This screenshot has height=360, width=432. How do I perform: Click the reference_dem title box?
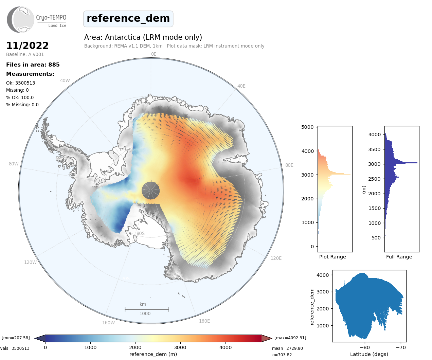click(128, 19)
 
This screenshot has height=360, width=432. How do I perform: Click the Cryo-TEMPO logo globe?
click(21, 20)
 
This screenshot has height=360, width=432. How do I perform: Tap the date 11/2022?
click(28, 46)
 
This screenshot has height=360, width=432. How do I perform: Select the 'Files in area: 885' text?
click(33, 65)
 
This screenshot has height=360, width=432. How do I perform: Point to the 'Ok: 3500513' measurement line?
click(20, 83)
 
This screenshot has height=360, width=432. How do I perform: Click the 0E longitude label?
click(154, 54)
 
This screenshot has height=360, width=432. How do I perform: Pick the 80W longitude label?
click(14, 164)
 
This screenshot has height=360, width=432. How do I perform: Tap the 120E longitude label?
click(276, 258)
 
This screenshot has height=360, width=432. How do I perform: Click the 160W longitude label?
click(108, 323)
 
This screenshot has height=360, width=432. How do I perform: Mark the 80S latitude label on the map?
click(141, 233)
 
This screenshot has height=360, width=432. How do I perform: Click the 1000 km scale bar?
click(146, 309)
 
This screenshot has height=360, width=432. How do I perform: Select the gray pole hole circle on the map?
click(150, 190)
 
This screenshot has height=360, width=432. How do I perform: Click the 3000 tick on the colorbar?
click(180, 347)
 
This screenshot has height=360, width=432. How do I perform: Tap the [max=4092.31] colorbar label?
click(290, 338)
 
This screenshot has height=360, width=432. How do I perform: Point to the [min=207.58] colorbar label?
click(16, 338)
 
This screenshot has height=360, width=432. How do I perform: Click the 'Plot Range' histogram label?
click(332, 257)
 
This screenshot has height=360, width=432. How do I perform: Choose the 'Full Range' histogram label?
click(399, 257)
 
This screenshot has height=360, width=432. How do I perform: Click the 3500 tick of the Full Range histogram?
click(375, 149)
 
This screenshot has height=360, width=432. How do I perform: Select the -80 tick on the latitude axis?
click(365, 347)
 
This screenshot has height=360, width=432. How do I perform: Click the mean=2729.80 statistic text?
click(287, 348)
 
